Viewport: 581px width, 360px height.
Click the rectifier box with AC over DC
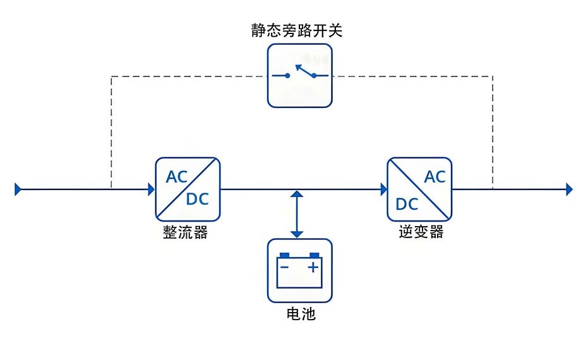(188, 188)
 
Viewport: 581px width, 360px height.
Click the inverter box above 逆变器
(419, 188)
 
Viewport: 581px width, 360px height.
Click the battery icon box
(300, 270)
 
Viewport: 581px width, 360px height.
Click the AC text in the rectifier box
(177, 176)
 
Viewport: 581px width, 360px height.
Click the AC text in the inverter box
(434, 176)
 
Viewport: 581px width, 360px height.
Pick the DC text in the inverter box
(407, 204)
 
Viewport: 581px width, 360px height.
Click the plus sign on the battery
(313, 267)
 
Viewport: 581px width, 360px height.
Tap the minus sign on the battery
(285, 267)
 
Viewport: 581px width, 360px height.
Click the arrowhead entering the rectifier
(152, 189)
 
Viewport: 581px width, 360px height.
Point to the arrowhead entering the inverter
(383, 189)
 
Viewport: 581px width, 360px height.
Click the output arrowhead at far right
(569, 189)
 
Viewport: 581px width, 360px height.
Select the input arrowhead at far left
(18, 189)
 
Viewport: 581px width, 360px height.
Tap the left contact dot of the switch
(287, 76)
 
